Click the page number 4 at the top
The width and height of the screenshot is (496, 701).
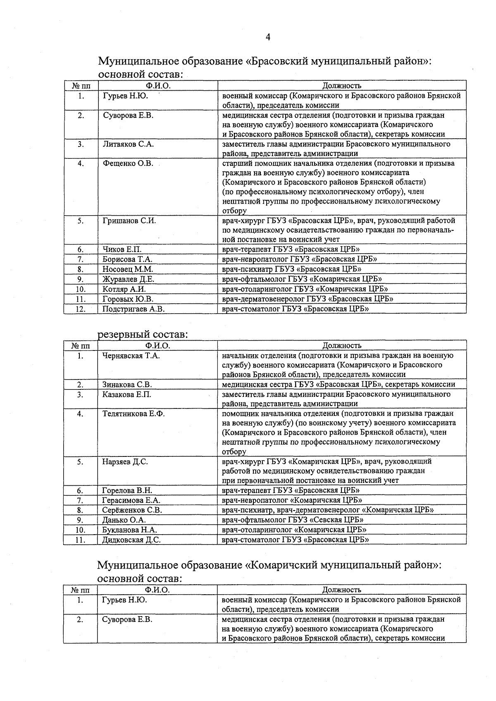(268, 37)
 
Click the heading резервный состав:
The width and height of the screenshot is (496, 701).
(143, 334)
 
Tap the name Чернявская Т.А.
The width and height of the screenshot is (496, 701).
(131, 356)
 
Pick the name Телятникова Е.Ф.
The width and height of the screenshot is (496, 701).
(134, 413)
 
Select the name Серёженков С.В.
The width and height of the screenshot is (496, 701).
(132, 510)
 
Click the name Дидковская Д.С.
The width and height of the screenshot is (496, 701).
(131, 540)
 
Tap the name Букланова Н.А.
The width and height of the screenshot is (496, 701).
(129, 530)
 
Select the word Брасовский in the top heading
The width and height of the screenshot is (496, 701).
(279, 62)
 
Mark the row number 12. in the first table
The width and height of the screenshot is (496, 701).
(81, 309)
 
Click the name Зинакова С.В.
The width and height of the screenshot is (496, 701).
(127, 384)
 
